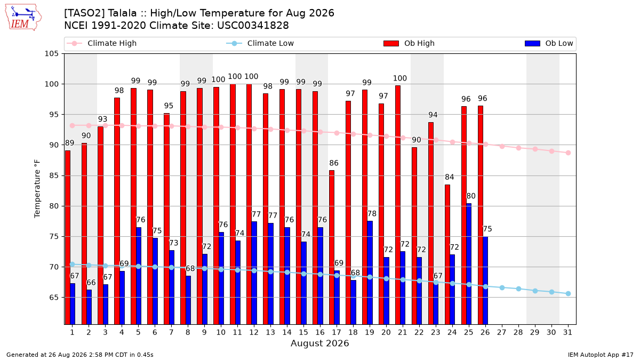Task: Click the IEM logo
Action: [x=23, y=18]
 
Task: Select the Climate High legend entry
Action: [x=101, y=43]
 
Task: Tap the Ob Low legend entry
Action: [x=549, y=43]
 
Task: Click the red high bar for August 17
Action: [x=332, y=247]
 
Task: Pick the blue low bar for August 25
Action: [x=469, y=264]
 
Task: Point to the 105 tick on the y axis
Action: [x=51, y=54]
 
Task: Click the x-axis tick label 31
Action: [x=567, y=333]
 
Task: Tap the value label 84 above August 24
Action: [x=450, y=177]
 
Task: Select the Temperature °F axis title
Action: [x=37, y=189]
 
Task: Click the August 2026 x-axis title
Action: [x=319, y=343]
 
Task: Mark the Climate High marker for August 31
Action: [x=569, y=153]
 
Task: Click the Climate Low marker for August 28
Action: [x=518, y=289]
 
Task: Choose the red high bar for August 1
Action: [x=68, y=237]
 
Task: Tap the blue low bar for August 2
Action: [x=89, y=307]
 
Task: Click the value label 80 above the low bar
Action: [x=471, y=196]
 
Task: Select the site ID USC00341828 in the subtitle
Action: [x=253, y=26]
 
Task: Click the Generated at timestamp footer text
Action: [x=79, y=355]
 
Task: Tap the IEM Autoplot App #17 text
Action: [x=601, y=355]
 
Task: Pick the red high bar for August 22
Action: [x=414, y=236]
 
